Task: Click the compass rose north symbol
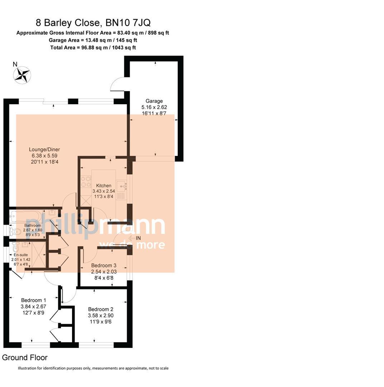click(x=22, y=75)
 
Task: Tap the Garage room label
click(x=154, y=101)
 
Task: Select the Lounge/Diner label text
click(x=44, y=150)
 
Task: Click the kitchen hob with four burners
click(x=86, y=182)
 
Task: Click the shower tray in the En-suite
click(x=38, y=255)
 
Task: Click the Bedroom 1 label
click(x=34, y=300)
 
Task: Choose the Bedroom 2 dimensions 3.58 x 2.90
click(x=101, y=316)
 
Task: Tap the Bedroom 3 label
click(x=104, y=266)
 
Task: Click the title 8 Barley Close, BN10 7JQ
click(x=93, y=23)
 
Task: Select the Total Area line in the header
click(x=93, y=47)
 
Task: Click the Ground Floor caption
click(x=25, y=358)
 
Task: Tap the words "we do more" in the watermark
click(x=132, y=245)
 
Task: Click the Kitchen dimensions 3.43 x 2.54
click(x=104, y=191)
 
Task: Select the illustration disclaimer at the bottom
click(x=93, y=368)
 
